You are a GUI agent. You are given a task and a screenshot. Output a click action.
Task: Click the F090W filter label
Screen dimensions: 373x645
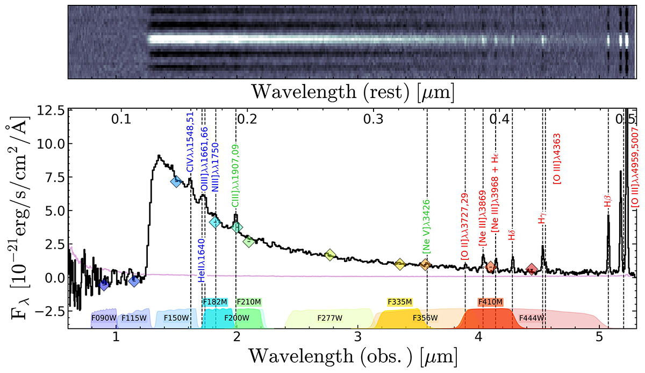coord(104,318)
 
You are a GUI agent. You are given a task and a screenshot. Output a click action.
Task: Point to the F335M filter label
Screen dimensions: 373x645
coord(399,302)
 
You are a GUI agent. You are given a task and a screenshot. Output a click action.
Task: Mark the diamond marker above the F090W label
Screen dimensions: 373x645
coord(104,285)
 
